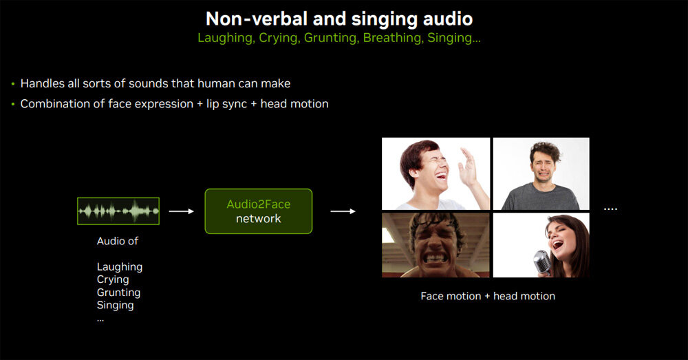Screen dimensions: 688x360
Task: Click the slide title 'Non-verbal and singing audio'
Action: pyautogui.click(x=339, y=19)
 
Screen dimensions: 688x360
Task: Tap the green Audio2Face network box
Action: pyautogui.click(x=259, y=211)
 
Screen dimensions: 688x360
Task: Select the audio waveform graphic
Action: pyautogui.click(x=118, y=211)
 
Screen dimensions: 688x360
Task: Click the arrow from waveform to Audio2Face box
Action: pyautogui.click(x=181, y=211)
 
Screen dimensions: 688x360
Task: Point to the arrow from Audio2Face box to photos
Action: pyautogui.click(x=343, y=211)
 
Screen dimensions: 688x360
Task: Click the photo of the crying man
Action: pyautogui.click(x=541, y=174)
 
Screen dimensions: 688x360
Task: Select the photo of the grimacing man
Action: pyautogui.click(x=436, y=245)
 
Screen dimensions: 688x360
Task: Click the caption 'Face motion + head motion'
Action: pyautogui.click(x=488, y=297)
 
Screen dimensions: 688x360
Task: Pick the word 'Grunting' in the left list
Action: pyautogui.click(x=118, y=293)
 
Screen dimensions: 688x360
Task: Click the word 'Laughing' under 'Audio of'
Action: pyautogui.click(x=119, y=267)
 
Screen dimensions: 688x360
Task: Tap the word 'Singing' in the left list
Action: pyautogui.click(x=115, y=306)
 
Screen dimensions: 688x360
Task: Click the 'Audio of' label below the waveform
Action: pyautogui.click(x=117, y=241)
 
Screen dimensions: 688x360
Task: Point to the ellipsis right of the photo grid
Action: pyautogui.click(x=610, y=209)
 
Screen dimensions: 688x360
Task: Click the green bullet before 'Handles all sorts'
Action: pyautogui.click(x=13, y=83)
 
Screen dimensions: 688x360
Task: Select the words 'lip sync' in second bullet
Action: pyautogui.click(x=226, y=104)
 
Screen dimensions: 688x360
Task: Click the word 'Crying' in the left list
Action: pyautogui.click(x=113, y=280)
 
